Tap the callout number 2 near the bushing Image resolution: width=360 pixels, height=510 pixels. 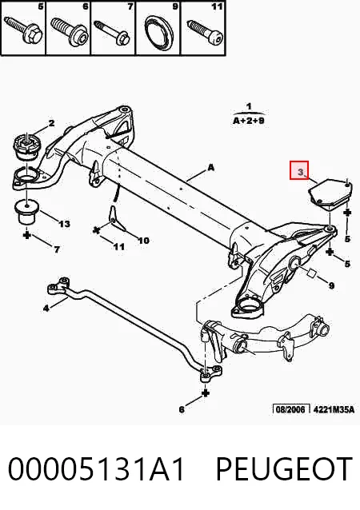click(x=51, y=123)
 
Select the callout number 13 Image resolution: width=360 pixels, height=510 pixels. click(x=64, y=224)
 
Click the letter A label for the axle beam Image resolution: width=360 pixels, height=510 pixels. click(x=211, y=168)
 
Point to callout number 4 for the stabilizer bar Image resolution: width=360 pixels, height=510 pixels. click(x=46, y=308)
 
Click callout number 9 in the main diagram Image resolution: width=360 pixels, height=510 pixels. click(x=331, y=285)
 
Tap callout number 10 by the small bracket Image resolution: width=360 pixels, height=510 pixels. click(x=143, y=241)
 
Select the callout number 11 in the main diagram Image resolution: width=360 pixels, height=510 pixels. click(x=119, y=247)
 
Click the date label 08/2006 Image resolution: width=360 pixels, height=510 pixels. click(x=290, y=408)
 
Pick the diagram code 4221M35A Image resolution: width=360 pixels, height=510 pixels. click(x=334, y=409)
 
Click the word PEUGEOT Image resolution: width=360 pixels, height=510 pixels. click(x=284, y=468)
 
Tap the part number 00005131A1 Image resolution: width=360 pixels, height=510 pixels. click(x=96, y=468)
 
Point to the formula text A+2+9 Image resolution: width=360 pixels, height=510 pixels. click(x=249, y=121)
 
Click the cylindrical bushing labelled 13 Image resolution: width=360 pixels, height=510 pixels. click(x=27, y=211)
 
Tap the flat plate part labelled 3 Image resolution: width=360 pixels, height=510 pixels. click(x=329, y=193)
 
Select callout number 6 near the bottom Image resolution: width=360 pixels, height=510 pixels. click(x=182, y=409)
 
